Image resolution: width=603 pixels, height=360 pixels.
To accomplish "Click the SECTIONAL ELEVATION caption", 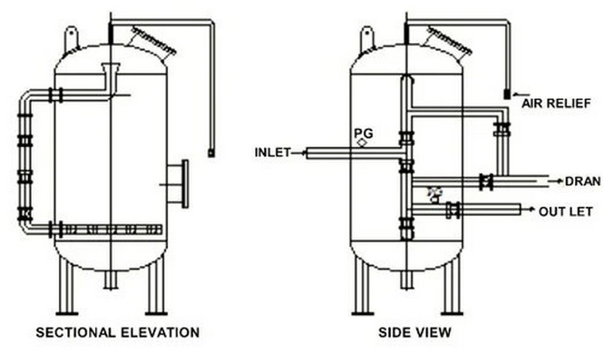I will point(118,332).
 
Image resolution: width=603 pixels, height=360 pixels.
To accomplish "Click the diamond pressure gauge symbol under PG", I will point(363,142).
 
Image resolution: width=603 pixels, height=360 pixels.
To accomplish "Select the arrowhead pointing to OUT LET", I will point(531,210).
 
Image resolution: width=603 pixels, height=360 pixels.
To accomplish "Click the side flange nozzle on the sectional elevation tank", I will point(176,182).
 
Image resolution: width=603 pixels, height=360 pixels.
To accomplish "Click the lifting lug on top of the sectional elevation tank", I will point(72,36).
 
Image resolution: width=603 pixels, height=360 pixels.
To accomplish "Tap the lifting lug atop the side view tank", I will point(368,36).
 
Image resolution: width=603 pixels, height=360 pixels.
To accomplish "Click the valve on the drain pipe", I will point(486,182).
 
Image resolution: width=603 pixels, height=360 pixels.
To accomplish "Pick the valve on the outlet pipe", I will point(452,210).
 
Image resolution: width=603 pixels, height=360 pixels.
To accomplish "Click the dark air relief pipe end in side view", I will point(507,95).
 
